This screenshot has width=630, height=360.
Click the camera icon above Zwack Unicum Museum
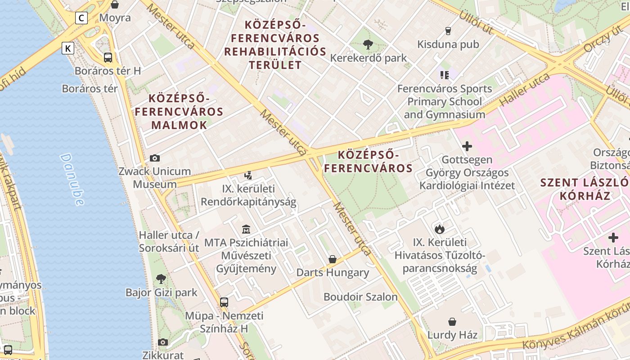pyautogui.click(x=155, y=158)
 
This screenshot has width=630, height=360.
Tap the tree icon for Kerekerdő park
pyautogui.click(x=368, y=44)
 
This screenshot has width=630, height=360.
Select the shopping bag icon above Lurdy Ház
pyautogui.click(x=452, y=322)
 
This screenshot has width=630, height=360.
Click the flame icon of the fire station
pyautogui.click(x=440, y=229)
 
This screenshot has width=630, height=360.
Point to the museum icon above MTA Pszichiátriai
pyautogui.click(x=246, y=229)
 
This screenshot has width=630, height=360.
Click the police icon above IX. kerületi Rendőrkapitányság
pyautogui.click(x=248, y=175)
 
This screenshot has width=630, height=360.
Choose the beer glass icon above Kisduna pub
pyautogui.click(x=448, y=31)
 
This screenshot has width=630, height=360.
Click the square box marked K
pyautogui.click(x=68, y=48)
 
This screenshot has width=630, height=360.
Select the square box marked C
pyautogui.click(x=81, y=18)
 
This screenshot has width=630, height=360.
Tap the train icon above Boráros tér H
pyautogui.click(x=108, y=58)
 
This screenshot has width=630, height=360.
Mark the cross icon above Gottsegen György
pyautogui.click(x=467, y=146)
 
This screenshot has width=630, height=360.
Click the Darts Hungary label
pyautogui.click(x=333, y=273)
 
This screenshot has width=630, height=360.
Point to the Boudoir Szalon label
pyautogui.click(x=360, y=297)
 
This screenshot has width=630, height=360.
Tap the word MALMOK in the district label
pyautogui.click(x=179, y=125)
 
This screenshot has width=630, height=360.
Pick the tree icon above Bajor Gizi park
pyautogui.click(x=161, y=279)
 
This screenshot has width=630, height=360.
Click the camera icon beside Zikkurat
pyautogui.click(x=163, y=342)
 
